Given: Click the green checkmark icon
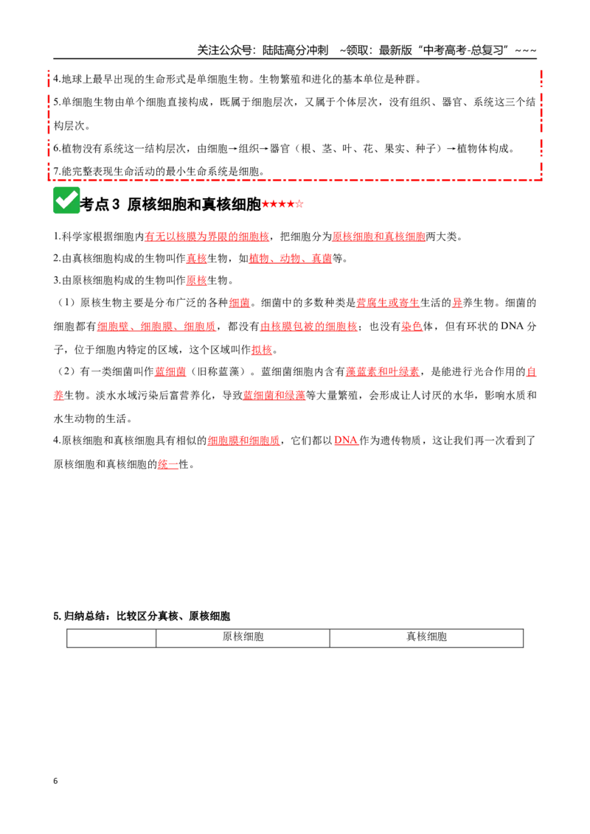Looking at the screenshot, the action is coord(66,200).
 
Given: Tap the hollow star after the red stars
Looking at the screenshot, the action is coord(299,204).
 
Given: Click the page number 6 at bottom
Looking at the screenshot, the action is coord(55,781).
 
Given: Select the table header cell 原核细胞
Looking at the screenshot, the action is coord(243,638).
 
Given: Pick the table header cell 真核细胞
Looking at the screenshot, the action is coord(426,638).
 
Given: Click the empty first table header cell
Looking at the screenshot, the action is coord(111,638).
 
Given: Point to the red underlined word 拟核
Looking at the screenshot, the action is coord(262,349).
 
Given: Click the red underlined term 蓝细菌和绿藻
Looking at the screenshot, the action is coord(274,395).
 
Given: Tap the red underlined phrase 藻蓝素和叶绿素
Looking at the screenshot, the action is coord(382,372).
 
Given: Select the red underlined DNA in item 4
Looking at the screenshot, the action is coord(346,441).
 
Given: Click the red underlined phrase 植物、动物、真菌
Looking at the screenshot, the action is coord(291,259).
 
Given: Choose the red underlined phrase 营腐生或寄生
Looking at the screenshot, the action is coord(388,304).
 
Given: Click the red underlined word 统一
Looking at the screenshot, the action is coord(167,464).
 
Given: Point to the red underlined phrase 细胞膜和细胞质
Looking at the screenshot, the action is coord(243,441).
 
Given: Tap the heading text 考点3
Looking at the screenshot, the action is coord(100,204).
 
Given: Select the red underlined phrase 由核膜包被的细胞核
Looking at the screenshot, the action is coord(308,326).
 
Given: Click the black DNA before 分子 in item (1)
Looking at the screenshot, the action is coord(513,326).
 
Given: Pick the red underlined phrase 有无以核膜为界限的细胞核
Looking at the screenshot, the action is coord(206,236).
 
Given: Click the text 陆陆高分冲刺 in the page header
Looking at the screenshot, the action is coord(295,51).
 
